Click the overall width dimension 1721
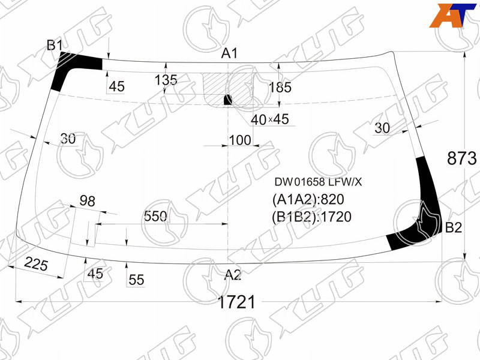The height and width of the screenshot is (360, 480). pyautogui.click(x=236, y=302)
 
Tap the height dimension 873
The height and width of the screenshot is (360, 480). pyautogui.click(x=462, y=158)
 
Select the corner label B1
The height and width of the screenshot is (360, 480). pyautogui.click(x=55, y=46)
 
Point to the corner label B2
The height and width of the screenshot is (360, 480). pyautogui.click(x=454, y=227)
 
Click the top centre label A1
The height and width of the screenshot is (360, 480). pyautogui.click(x=230, y=53)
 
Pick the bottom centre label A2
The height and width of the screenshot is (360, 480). pyautogui.click(x=233, y=275)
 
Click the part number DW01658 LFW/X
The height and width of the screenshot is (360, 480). pyautogui.click(x=318, y=182)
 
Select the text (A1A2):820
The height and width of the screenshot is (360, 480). pyautogui.click(x=308, y=199)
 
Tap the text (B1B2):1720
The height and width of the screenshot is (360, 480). pyautogui.click(x=311, y=217)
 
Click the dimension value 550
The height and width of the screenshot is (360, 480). pyautogui.click(x=155, y=217)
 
